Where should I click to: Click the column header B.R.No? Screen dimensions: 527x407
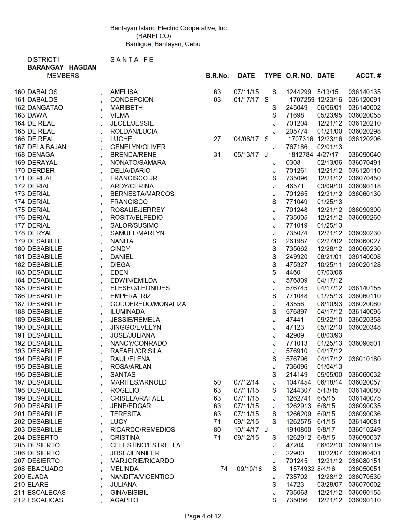coord(217,76)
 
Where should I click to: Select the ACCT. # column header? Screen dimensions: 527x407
coord(368,76)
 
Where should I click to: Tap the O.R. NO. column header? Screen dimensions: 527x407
coord(299,76)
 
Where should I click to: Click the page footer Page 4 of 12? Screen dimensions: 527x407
coord(203,516)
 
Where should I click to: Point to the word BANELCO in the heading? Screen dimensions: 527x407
coord(153,36)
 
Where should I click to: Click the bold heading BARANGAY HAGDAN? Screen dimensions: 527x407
coord(62,67)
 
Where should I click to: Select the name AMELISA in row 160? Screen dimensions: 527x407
coord(124,92)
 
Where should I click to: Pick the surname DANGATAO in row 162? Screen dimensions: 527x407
coord(45,108)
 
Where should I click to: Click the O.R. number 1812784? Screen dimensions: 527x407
coord(301,155)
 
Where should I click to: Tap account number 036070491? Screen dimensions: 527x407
coord(364,163)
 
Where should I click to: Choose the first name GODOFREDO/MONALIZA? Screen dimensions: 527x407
coord(148,304)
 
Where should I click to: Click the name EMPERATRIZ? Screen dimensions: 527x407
coord(131,296)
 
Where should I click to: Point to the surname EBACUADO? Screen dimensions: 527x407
coord(45,469)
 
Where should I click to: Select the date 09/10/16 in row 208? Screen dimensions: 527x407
coord(249,469)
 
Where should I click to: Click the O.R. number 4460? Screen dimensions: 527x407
coord(293,272)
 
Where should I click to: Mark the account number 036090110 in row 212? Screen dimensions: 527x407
coord(364,500)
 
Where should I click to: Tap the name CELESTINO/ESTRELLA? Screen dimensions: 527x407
coord(145,445)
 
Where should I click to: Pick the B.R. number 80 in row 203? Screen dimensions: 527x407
coord(217,430)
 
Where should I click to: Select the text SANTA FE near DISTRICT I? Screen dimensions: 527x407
coord(132,60)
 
